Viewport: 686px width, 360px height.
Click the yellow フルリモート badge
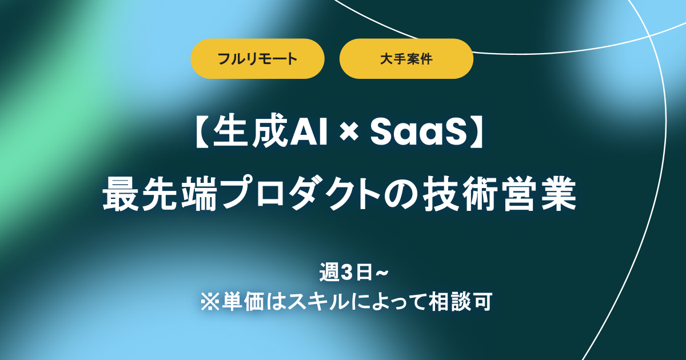tap(257, 58)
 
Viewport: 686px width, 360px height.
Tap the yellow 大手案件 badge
tap(406, 58)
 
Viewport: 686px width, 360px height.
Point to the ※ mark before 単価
tap(207, 301)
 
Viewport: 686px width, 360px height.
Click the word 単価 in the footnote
tap(234, 301)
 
